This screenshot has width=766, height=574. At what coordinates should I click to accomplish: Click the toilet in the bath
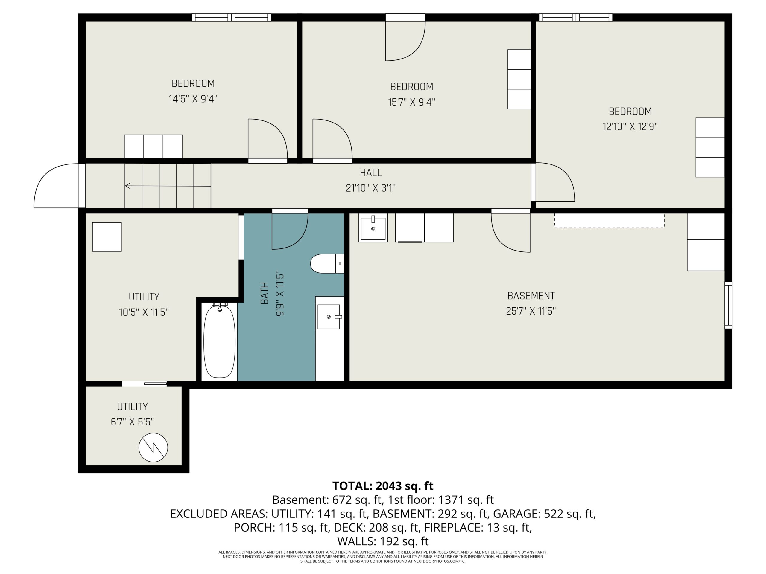pyautogui.click(x=327, y=264)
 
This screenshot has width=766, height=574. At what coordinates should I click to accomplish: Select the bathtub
pyautogui.click(x=219, y=341)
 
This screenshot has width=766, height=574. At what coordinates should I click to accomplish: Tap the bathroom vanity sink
pyautogui.click(x=329, y=317)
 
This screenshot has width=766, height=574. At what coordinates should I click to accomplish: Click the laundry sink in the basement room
pyautogui.click(x=373, y=228)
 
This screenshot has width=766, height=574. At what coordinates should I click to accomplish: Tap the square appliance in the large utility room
pyautogui.click(x=107, y=237)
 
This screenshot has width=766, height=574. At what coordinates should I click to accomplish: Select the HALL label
pyautogui.click(x=370, y=173)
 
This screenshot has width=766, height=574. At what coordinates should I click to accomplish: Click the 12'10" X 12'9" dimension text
pyautogui.click(x=630, y=127)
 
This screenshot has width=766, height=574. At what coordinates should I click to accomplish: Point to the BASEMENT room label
pyautogui.click(x=531, y=296)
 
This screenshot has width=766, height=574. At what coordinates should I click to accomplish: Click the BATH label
pyautogui.click(x=264, y=293)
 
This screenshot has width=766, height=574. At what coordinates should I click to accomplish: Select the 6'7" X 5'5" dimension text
pyautogui.click(x=132, y=422)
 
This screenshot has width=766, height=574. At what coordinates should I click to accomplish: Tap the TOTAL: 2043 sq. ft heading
pyautogui.click(x=383, y=486)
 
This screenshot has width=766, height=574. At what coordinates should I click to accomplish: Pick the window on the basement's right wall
pyautogui.click(x=728, y=305)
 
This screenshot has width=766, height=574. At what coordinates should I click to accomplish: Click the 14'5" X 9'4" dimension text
pyautogui.click(x=193, y=99)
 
